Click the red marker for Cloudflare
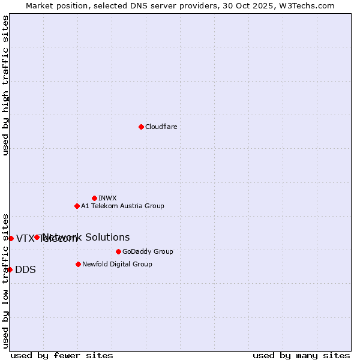[141, 127]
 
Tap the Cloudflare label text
[161, 127]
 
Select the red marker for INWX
[94, 198]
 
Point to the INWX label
[107, 198]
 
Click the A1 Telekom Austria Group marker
[77, 206]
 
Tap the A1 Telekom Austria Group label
[122, 206]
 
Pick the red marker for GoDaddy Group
[118, 251]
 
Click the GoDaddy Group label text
[148, 251]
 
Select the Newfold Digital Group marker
[78, 264]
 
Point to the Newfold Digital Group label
[117, 264]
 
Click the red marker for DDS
[10, 269]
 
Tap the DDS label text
[25, 269]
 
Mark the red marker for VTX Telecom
[11, 238]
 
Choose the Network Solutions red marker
[37, 237]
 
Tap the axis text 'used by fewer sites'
[62, 355]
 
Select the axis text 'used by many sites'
[301, 355]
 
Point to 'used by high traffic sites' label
[5, 85]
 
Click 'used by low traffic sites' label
[5, 280]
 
